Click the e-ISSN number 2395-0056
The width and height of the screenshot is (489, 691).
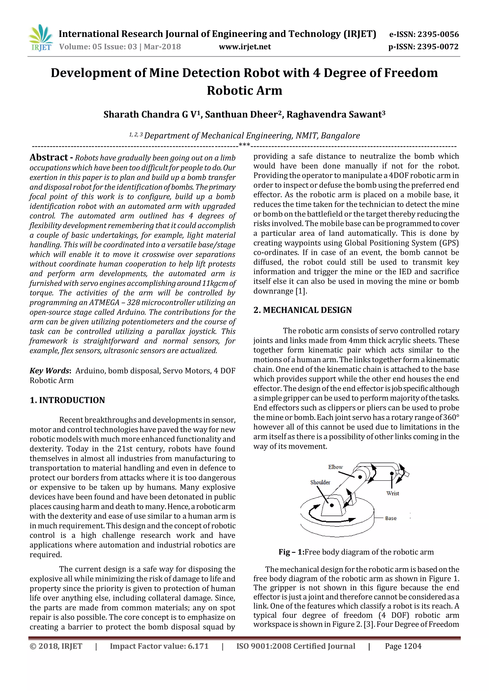438,34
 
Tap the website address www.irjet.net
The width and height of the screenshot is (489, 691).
244,47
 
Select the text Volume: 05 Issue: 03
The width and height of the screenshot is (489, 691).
98,47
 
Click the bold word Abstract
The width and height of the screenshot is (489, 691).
49,157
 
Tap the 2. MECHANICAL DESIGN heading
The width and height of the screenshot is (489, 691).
302,310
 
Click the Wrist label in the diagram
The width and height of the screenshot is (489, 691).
393,493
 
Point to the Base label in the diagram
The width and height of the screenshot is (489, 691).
391,518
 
